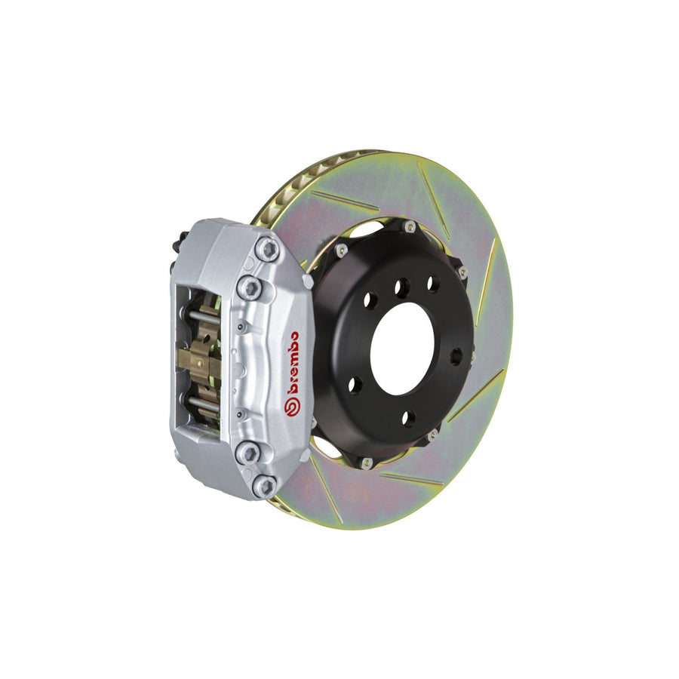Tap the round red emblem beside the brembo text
[x=290, y=406]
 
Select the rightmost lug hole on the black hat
[x=456, y=356]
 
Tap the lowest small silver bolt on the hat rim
[x=367, y=462]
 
